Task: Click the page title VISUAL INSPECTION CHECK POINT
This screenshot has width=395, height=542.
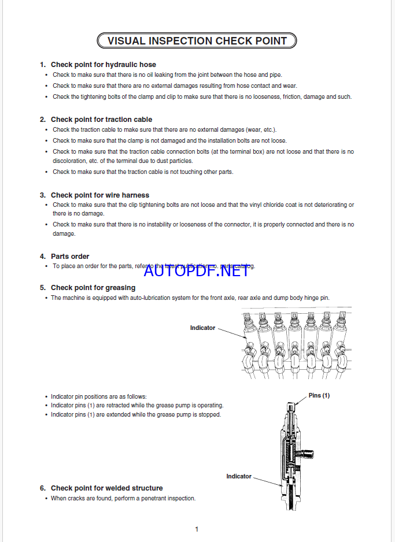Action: [197, 40]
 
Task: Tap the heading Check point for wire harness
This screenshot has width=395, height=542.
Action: [99, 195]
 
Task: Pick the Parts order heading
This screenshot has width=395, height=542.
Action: [70, 256]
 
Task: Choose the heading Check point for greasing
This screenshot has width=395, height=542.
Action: [93, 287]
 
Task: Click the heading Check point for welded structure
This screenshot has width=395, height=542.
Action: [106, 488]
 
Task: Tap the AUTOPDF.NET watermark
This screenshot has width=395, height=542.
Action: [196, 269]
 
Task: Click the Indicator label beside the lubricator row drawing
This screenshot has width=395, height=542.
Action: [202, 328]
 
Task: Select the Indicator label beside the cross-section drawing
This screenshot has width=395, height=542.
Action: [239, 476]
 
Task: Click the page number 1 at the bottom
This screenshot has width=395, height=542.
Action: [197, 529]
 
